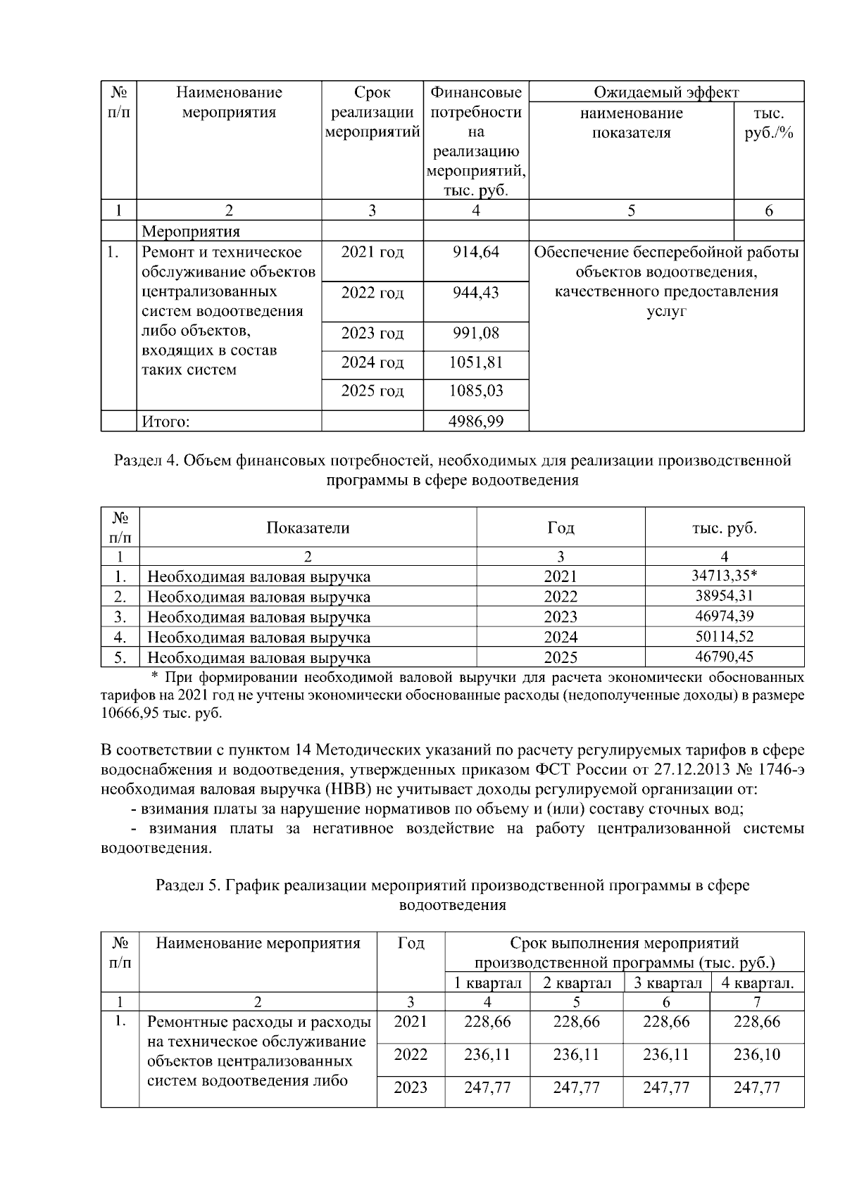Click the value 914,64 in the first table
point(475,252)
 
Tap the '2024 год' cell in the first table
point(372,363)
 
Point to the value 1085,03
point(475,391)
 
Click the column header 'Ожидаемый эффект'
point(665,92)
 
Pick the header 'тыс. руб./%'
point(768,122)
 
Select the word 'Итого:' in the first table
point(166,422)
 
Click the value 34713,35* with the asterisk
point(724,576)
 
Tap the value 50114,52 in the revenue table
point(724,637)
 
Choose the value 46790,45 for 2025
point(724,657)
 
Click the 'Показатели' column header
point(308,528)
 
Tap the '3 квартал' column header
point(667,983)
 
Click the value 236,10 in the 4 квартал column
point(756,1054)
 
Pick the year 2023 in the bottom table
point(410,1087)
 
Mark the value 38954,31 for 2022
point(724,596)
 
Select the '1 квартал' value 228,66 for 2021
point(487,1021)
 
